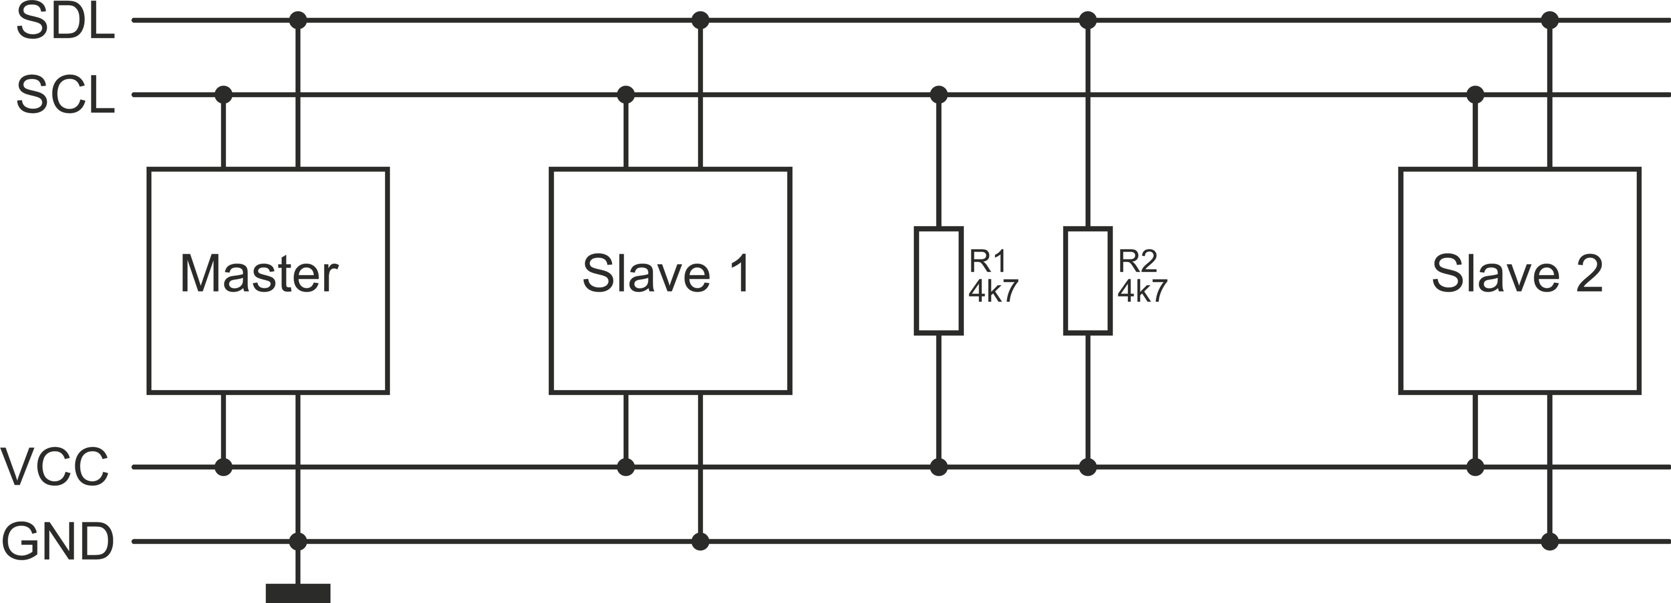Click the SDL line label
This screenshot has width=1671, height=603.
coord(65,22)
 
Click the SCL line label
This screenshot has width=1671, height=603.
coord(65,95)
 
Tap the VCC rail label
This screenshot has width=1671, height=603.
coord(54,467)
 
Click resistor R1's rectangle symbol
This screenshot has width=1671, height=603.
coord(938,281)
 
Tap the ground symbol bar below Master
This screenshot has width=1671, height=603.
coord(298,593)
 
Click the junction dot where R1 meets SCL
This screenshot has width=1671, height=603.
coord(938,95)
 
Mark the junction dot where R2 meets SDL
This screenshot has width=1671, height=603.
coord(1088,20)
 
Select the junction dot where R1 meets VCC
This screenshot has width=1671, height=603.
coord(938,467)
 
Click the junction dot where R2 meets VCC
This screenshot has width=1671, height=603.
coord(1088,467)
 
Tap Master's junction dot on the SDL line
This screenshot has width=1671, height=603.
coord(298,20)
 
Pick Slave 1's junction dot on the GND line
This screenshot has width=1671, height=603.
coord(700,541)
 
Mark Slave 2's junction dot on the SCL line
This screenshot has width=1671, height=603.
coord(1475,95)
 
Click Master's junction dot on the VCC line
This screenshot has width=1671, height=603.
coord(223,467)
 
